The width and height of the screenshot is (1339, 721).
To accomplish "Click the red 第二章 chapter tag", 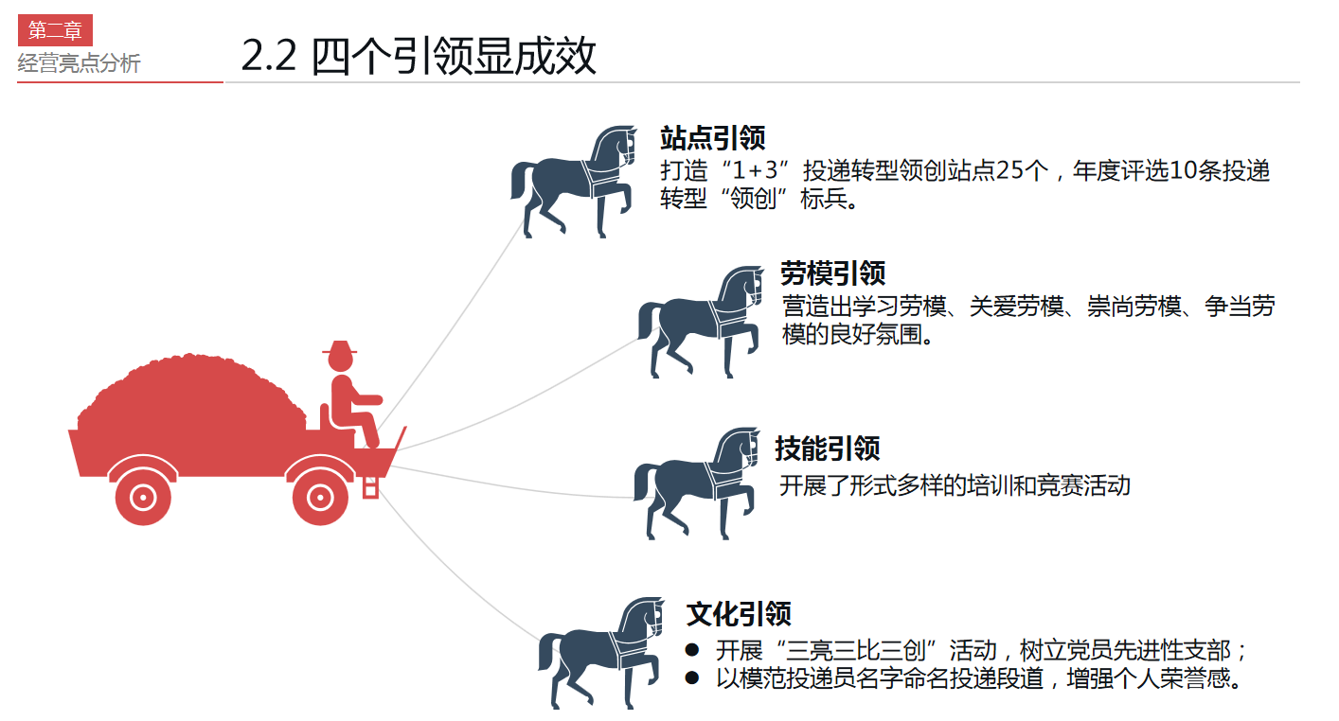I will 55,30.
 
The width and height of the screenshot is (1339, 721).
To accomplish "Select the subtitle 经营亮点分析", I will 79,63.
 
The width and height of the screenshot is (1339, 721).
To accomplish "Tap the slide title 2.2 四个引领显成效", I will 419,56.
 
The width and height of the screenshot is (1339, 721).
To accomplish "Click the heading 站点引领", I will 712,138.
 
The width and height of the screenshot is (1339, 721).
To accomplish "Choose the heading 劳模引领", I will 832,273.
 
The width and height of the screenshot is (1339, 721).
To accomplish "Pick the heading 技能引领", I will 827,448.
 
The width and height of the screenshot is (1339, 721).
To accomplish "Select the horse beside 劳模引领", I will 701,322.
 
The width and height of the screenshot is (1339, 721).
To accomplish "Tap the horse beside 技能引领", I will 696,483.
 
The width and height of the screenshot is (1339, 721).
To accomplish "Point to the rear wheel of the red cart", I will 142,494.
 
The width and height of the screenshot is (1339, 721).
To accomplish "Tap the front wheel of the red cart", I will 321,494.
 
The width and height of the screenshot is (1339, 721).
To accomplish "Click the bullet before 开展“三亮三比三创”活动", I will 691,651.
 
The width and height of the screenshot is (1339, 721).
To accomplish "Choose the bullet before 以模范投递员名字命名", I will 691,678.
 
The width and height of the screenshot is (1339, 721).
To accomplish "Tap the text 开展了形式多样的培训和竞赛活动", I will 955,485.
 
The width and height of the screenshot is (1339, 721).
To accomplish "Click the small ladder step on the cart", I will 371,486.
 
